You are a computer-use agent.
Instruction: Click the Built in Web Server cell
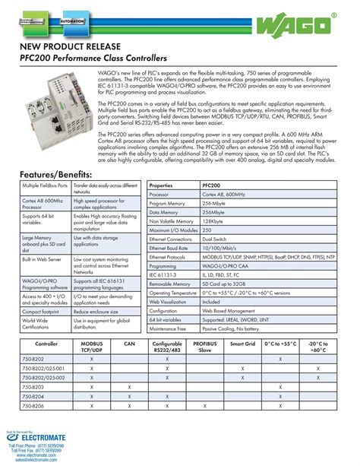pyautogui.click(x=43, y=260)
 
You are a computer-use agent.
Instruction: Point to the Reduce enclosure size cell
pyautogui.click(x=99, y=312)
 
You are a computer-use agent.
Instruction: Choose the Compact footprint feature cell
pyautogui.click(x=43, y=312)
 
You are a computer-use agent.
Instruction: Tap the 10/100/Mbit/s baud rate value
pyautogui.click(x=221, y=249)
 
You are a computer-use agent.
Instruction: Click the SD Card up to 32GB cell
pyautogui.click(x=226, y=281)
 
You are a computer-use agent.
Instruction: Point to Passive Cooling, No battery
pyautogui.click(x=235, y=328)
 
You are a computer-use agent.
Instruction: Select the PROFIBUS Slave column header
pyautogui.click(x=204, y=347)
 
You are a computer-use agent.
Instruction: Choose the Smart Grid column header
pyautogui.click(x=242, y=344)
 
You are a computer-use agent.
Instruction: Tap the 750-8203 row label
pyautogui.click(x=33, y=387)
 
